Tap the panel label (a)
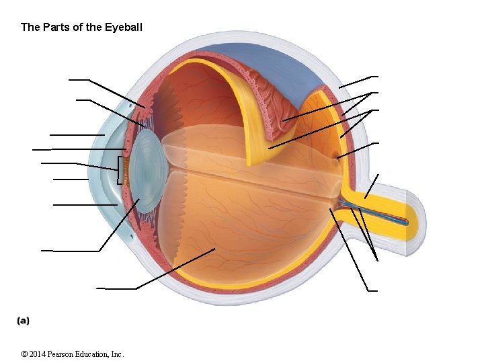23,321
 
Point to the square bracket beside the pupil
120,170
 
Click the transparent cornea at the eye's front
108,168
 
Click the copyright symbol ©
24,354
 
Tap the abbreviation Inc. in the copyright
118,354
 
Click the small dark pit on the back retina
335,159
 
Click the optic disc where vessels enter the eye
339,200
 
